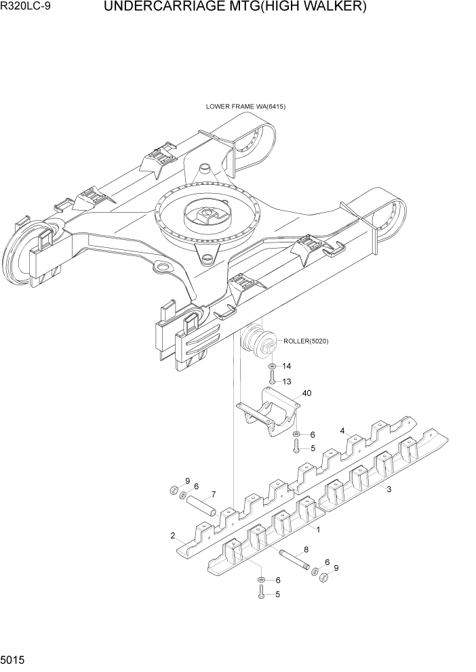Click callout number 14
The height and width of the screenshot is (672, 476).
tap(287, 366)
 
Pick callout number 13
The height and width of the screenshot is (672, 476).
tap(287, 381)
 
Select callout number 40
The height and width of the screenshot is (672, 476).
tap(306, 393)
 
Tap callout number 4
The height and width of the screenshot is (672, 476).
tap(343, 431)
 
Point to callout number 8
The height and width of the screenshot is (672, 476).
tap(306, 550)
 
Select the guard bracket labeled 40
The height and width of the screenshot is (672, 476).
tap(269, 413)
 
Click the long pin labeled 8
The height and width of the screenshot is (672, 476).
tap(294, 560)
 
